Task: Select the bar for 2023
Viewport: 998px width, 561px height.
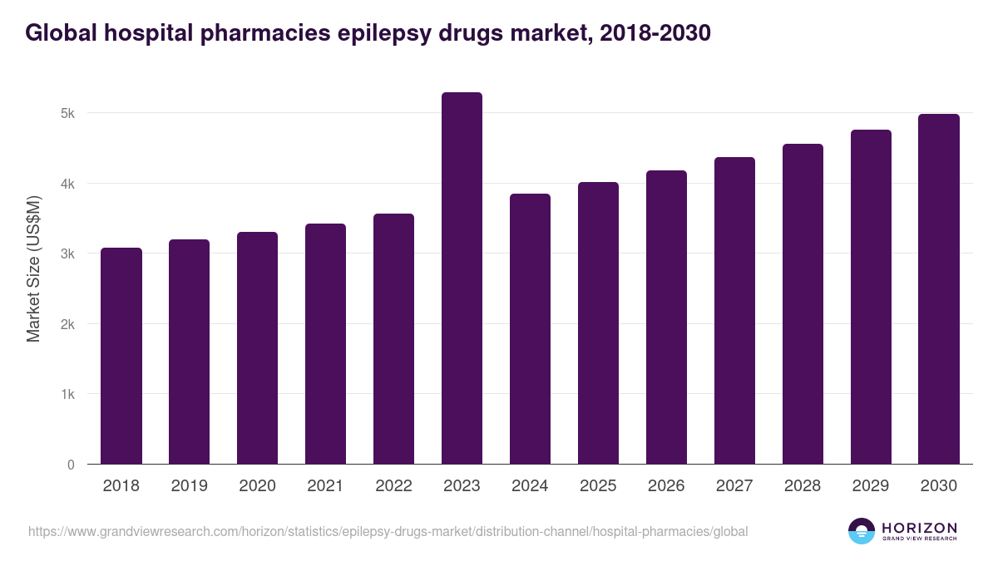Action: coord(462,278)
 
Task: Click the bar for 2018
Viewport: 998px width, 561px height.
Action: coord(121,356)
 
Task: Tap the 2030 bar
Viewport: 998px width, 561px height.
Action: coord(939,289)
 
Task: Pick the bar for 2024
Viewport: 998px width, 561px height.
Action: coord(530,329)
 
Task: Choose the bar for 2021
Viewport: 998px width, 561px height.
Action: coord(325,344)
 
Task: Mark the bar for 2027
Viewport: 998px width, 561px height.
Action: coord(734,311)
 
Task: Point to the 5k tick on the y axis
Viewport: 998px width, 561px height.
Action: coord(69,113)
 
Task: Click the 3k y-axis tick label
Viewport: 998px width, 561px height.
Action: coord(69,253)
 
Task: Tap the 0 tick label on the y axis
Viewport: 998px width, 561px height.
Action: coord(72,465)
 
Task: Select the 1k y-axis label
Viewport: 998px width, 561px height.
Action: coord(69,394)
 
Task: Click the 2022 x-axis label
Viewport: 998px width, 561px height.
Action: coord(393,486)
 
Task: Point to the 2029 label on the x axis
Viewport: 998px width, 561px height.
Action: coord(871,486)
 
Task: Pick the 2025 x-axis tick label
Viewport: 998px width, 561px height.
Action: coord(598,486)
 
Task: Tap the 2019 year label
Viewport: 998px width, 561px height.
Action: coord(190,486)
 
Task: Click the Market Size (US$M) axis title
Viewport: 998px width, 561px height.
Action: coord(33,268)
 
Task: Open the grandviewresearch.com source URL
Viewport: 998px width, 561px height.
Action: coord(388,531)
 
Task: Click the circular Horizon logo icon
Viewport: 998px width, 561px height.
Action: coord(862,531)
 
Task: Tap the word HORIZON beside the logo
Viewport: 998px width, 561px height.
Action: coord(919,527)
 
